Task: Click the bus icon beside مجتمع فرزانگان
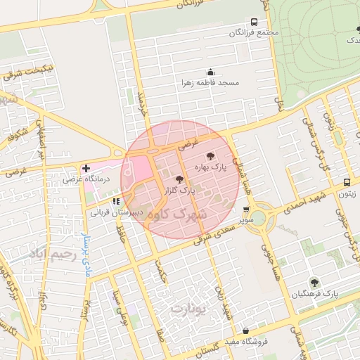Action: (254, 22)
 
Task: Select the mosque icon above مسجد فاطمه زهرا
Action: (210, 72)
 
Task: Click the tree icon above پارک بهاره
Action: (210, 157)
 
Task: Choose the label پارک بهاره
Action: (212, 167)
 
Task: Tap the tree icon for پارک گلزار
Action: (179, 180)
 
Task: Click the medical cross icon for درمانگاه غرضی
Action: (86, 169)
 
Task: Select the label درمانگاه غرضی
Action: (83, 179)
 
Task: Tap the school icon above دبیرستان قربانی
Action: (116, 201)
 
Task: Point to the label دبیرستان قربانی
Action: (115, 211)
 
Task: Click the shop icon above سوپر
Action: (245, 210)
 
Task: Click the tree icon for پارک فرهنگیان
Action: (314, 282)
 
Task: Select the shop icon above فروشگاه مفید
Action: (245, 331)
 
